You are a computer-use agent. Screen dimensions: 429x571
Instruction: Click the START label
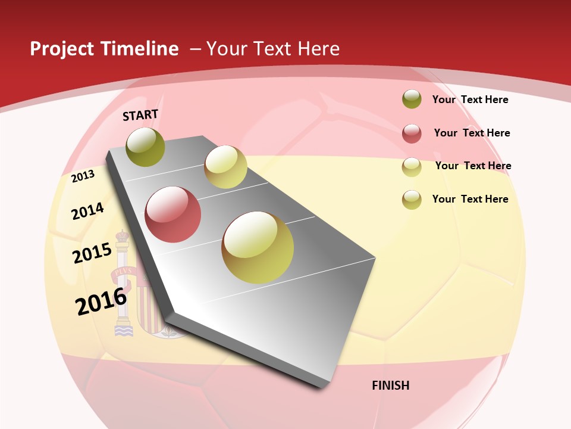[140, 114]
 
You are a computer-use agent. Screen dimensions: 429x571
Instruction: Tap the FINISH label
[390, 386]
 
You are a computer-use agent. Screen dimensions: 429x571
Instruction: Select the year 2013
[83, 176]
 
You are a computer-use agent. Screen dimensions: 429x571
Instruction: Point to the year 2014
[87, 211]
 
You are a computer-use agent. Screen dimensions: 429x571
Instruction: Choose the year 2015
[92, 253]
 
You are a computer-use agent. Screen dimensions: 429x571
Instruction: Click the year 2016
[101, 301]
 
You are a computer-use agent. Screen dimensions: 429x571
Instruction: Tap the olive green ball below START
[146, 147]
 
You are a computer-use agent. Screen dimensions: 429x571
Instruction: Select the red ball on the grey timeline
[173, 214]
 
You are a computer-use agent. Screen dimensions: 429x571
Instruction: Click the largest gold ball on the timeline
[258, 247]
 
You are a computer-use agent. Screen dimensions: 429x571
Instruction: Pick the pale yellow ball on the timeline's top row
[225, 167]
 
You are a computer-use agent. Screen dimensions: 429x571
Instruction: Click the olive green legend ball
[412, 100]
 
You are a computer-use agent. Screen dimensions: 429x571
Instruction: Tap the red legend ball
[412, 133]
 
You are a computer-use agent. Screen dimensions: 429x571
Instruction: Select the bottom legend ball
[412, 200]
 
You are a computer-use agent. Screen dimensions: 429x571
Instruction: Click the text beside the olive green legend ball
[470, 100]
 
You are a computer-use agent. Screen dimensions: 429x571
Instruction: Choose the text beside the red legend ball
[472, 133]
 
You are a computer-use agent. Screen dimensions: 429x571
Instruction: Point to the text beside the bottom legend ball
[470, 199]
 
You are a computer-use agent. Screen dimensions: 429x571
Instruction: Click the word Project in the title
[62, 49]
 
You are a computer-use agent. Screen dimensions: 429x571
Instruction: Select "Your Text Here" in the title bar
[272, 49]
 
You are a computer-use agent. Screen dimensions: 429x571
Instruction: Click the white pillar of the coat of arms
[123, 280]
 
